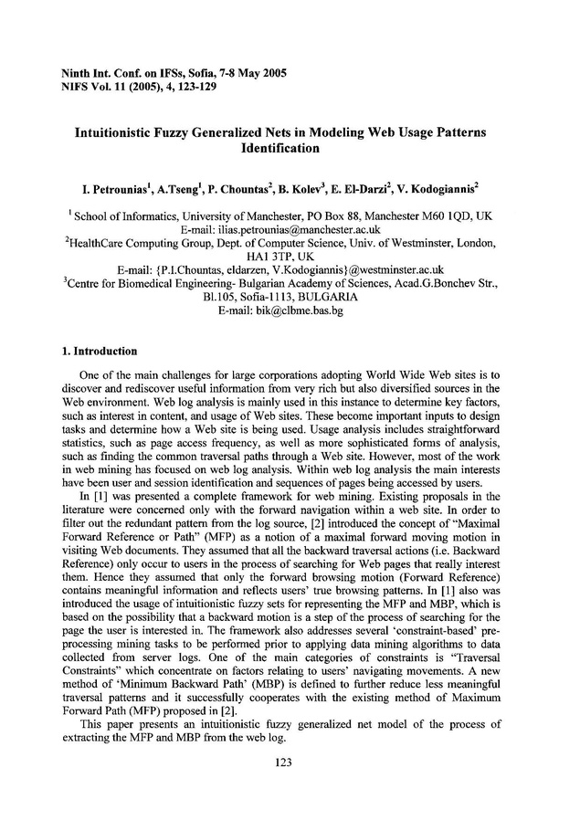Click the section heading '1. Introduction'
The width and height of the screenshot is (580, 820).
pyautogui.click(x=100, y=351)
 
